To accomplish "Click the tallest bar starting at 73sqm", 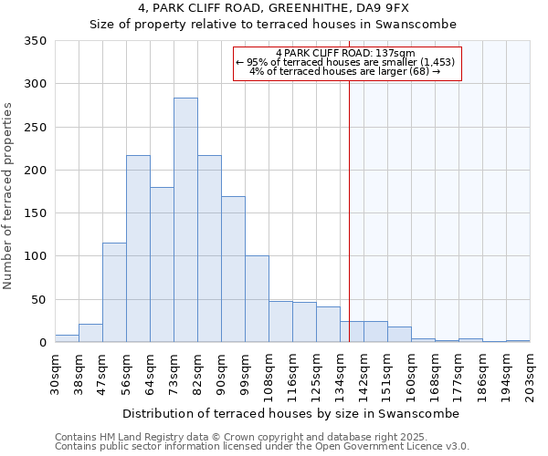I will point(185,220).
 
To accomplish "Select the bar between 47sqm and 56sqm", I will point(114,293).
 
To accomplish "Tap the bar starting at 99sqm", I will point(257,299).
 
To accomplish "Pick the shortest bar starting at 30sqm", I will point(67,338).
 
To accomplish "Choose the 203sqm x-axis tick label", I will point(530,374).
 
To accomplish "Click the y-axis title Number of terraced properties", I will point(9,196).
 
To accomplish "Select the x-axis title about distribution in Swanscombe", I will point(290,413).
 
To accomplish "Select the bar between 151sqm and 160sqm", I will point(399,335).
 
